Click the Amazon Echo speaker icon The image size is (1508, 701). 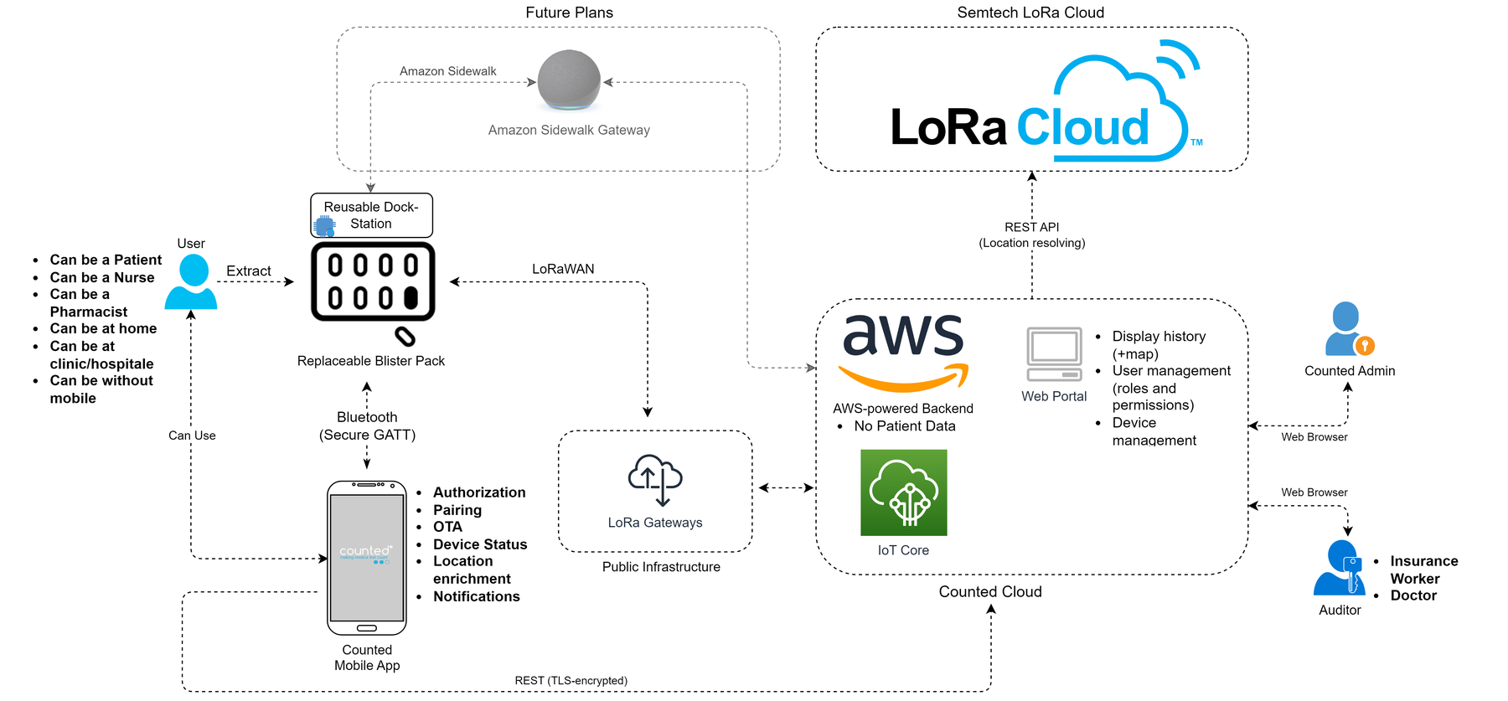569,80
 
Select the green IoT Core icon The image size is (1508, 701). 903,492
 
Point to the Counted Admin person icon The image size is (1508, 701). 1348,329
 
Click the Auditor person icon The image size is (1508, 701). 1340,567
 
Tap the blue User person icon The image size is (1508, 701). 191,281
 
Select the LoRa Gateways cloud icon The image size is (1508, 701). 655,480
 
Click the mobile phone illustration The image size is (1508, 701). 367,558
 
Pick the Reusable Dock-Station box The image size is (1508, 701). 371,215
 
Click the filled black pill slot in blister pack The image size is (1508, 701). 411,297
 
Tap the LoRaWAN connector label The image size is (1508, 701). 563,269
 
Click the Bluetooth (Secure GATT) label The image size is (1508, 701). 367,425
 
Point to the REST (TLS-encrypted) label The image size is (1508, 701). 571,680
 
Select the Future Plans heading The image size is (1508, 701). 570,13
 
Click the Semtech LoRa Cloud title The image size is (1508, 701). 1030,13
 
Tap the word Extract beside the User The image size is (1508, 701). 249,271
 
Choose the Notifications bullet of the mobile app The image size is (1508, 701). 476,596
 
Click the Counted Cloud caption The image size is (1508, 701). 990,591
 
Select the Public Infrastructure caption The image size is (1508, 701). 661,567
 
